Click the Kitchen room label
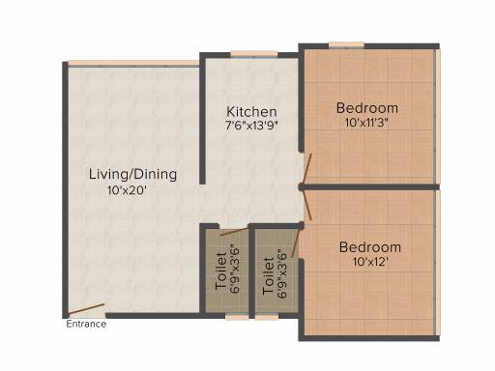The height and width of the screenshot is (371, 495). pos(251,112)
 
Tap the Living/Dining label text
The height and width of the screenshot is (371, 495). pos(132,175)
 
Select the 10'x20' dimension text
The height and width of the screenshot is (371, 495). pos(128,190)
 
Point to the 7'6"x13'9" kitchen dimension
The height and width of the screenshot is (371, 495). pos(251,126)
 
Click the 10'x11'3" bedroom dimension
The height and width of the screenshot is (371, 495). pos(365,123)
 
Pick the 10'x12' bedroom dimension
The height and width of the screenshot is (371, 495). pos(370,262)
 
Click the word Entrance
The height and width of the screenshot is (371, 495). pos(86,324)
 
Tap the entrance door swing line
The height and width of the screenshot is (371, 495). pos(86,308)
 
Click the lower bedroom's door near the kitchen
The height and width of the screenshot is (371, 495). pos(307,205)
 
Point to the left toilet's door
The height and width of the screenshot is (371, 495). pos(234,232)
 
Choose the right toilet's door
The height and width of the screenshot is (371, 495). pos(296,243)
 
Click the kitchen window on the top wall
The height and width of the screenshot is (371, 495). pos(254,54)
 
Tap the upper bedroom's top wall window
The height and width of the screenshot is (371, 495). pos(347,44)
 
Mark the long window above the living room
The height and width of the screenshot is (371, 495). pos(133,64)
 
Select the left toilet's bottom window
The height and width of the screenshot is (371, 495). pos(237,317)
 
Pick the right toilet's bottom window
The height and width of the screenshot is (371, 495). pos(267,317)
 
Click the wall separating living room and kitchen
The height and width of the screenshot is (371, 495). pos(202,119)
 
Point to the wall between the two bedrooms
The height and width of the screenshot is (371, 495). pos(369,186)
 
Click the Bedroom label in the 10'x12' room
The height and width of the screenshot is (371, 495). pos(370,247)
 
